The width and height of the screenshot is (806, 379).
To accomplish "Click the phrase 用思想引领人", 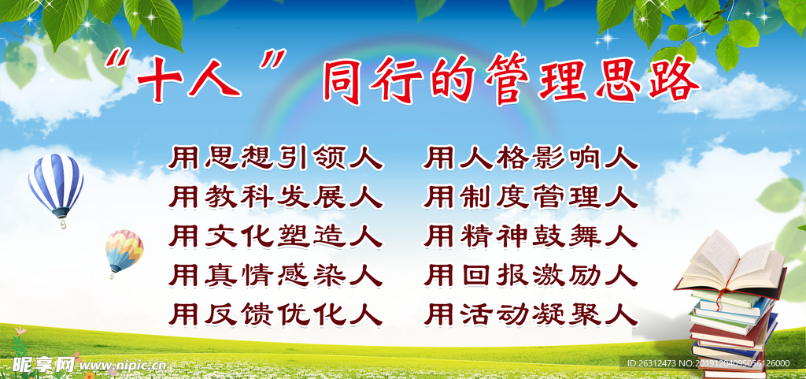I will tap(275, 158).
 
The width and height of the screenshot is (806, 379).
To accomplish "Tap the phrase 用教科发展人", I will tap(275, 197).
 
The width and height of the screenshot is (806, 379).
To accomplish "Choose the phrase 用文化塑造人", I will tap(275, 236).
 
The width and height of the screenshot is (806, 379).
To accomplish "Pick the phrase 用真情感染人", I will tap(275, 275).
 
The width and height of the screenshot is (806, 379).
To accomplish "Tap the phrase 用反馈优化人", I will tap(275, 314).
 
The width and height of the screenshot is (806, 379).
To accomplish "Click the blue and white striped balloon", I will tap(56, 184).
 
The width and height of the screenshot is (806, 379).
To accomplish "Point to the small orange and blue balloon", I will tap(124, 250).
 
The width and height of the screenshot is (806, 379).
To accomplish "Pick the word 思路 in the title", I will tap(647, 80).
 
